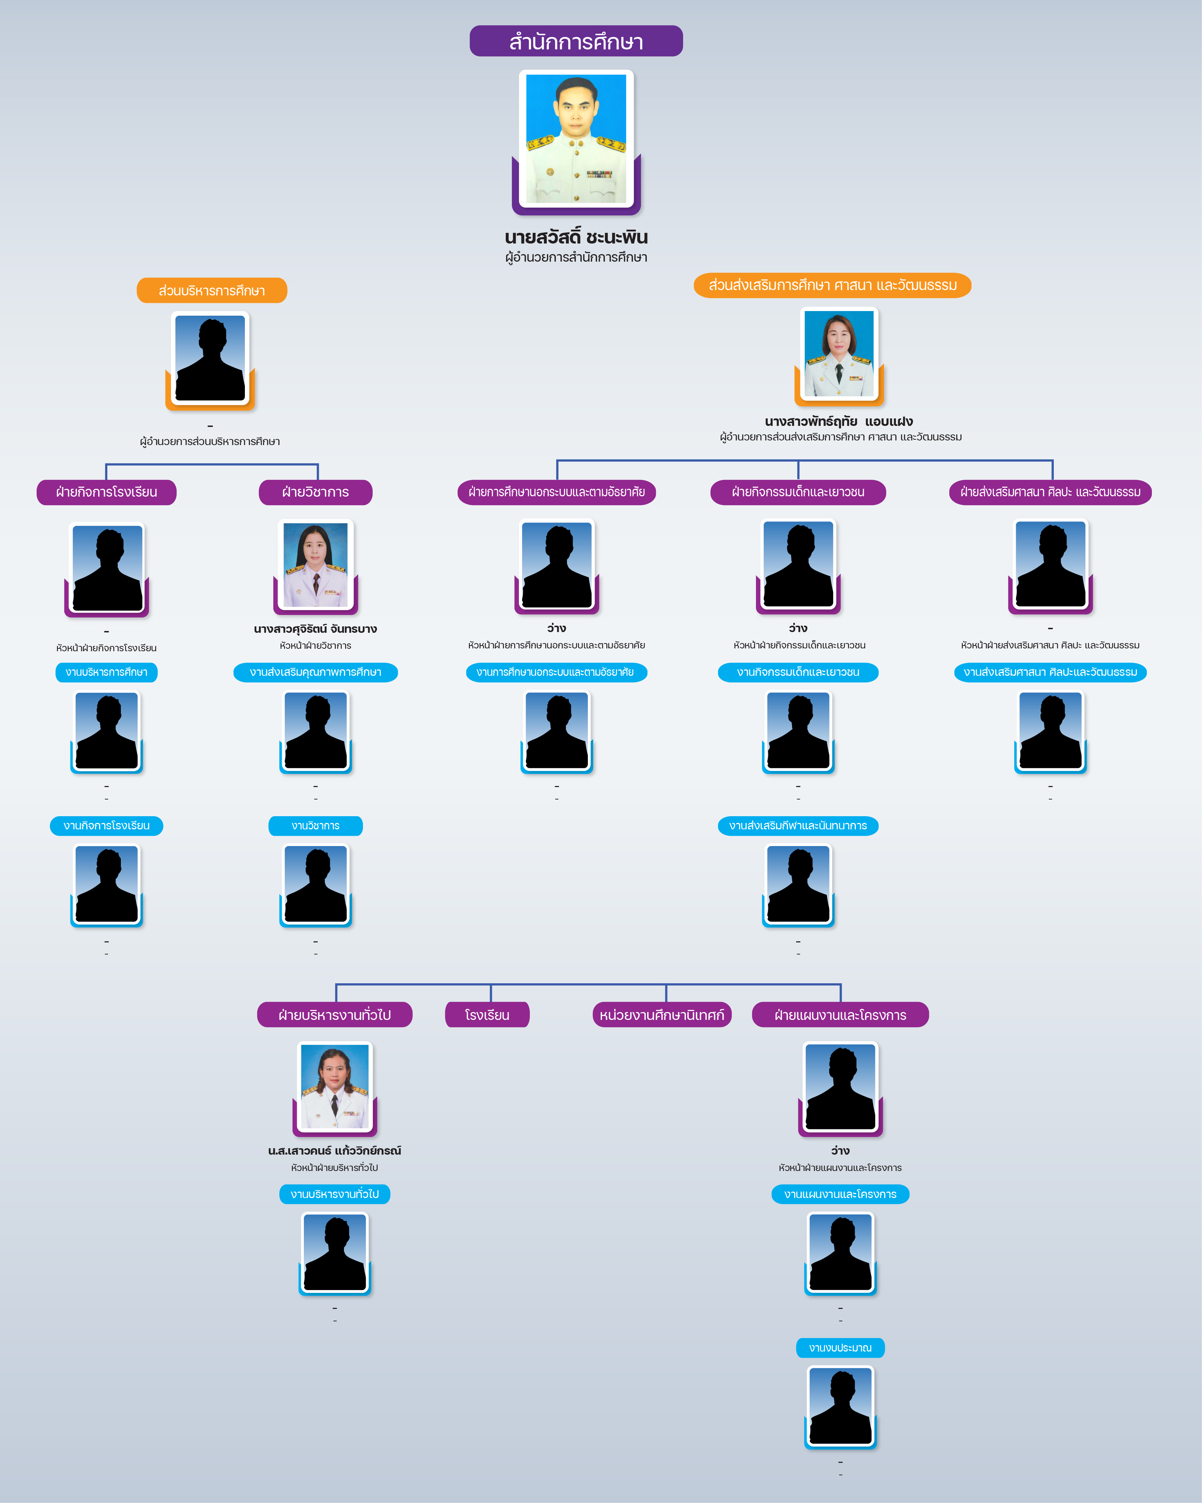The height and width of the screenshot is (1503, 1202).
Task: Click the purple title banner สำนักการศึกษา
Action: (x=575, y=41)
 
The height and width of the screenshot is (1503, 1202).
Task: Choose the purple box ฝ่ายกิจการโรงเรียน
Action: (x=107, y=492)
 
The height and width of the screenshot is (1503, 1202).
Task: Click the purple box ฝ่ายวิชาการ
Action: (x=316, y=492)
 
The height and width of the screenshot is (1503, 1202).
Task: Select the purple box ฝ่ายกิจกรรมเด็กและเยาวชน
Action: (x=798, y=492)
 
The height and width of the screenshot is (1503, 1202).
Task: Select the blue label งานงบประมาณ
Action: (x=840, y=1348)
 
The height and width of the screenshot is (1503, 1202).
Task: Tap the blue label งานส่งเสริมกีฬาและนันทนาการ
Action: (x=798, y=825)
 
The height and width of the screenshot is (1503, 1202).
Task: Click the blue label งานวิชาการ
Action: (x=316, y=825)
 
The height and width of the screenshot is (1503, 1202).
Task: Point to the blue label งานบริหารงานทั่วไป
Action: (x=334, y=1194)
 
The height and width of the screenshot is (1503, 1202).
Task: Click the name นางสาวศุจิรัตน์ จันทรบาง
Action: (x=316, y=629)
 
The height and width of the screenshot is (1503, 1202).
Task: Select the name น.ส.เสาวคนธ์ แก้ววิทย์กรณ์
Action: (x=334, y=1150)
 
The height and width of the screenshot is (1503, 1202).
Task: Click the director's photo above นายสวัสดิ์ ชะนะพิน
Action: (x=575, y=139)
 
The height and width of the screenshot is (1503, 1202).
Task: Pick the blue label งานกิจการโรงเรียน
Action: (x=107, y=825)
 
